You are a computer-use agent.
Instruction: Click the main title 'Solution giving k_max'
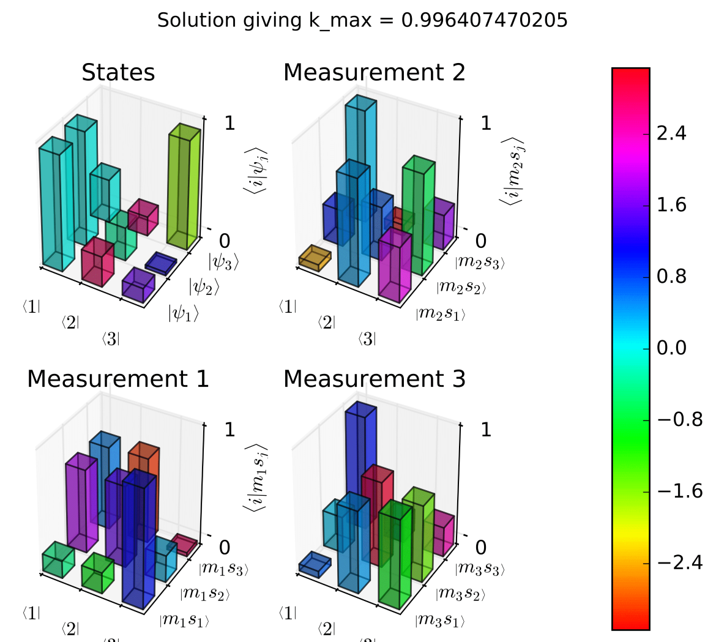click(362, 20)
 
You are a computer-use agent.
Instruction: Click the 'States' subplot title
click(118, 73)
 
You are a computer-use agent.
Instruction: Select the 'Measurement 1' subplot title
click(118, 379)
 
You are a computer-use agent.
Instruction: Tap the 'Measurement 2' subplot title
click(375, 73)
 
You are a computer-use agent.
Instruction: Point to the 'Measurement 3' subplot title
click(375, 379)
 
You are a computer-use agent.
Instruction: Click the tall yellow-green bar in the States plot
click(184, 187)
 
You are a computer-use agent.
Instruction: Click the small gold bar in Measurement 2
click(315, 257)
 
